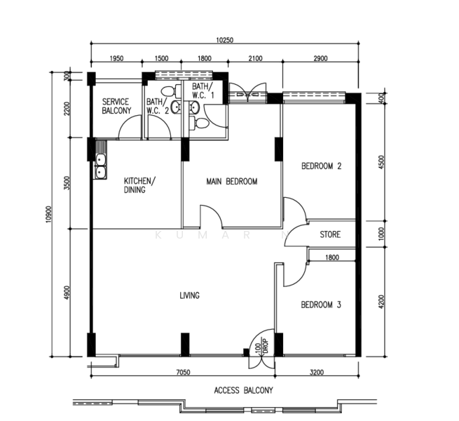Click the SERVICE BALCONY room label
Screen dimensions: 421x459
click(x=116, y=107)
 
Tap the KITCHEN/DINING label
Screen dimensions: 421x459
click(x=140, y=185)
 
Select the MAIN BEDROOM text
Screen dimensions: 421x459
click(x=231, y=182)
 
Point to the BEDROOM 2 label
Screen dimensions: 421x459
click(x=321, y=166)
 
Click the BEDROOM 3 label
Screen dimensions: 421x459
click(x=321, y=305)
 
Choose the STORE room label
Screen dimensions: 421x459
click(x=330, y=234)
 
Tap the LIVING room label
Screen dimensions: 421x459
click(x=189, y=296)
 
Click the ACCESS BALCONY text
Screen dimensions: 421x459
click(x=243, y=390)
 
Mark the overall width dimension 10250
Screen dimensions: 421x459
click(x=225, y=41)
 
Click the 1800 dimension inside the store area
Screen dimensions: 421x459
click(x=332, y=258)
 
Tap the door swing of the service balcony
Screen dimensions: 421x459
click(x=129, y=128)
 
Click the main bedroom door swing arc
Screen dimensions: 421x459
click(x=211, y=216)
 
